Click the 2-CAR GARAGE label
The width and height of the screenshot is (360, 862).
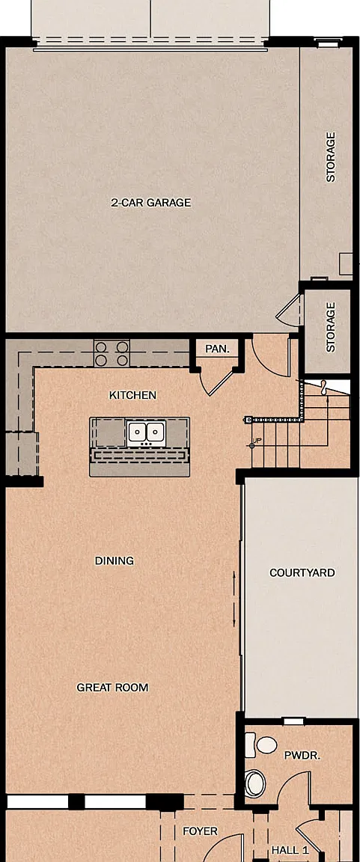tap(150, 202)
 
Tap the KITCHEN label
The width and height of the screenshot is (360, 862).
tap(132, 395)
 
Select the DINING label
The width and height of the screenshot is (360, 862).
tap(115, 560)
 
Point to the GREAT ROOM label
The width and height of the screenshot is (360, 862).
tap(112, 687)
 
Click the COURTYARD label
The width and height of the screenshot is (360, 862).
tap(302, 573)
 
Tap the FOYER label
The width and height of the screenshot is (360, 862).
tap(200, 831)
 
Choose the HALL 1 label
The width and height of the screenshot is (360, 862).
tap(290, 851)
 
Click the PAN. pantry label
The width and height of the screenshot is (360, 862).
tap(216, 349)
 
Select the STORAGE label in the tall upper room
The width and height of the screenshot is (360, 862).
tap(331, 157)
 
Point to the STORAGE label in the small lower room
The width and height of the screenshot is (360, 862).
tap(330, 327)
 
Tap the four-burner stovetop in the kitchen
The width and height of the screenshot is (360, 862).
tap(112, 353)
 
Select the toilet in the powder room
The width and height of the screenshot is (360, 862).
tap(262, 745)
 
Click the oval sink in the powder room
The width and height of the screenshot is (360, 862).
tap(255, 782)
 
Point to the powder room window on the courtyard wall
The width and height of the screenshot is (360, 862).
tap(293, 721)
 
